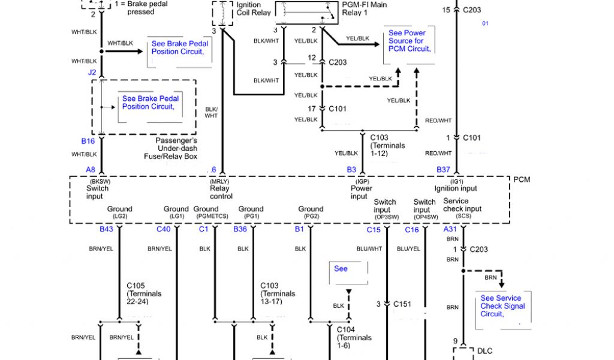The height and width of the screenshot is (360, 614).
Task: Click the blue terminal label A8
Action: pos(91,170)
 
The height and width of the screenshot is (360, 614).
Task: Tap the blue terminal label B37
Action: pos(443,170)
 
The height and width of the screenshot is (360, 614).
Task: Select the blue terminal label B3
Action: pos(351,170)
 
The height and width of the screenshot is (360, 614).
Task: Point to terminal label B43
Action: pos(106,229)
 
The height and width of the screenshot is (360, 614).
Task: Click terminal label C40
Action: pos(163,229)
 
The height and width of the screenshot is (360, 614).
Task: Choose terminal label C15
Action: pos(374,230)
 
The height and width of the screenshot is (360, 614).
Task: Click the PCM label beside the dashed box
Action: pos(522,179)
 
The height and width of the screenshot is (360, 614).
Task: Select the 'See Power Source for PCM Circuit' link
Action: pos(409,41)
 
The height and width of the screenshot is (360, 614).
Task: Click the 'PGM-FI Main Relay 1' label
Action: pos(364,8)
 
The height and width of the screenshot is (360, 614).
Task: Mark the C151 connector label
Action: pos(402,304)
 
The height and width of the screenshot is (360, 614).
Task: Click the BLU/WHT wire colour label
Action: pos(369,248)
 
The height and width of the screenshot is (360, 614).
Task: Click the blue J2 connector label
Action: pos(92,73)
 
